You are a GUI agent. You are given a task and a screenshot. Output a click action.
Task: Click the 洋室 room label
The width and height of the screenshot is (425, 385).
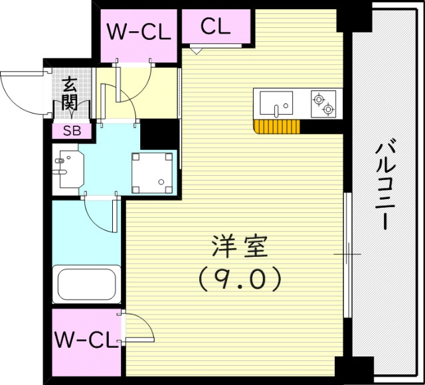[x=240, y=247]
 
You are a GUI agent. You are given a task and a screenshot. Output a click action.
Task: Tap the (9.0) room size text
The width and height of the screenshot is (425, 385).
[x=240, y=277]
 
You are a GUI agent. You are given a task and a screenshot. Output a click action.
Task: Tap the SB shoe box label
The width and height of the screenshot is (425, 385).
[x=72, y=131]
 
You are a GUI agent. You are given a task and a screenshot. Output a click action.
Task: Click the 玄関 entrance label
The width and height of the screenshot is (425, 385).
[x=70, y=94]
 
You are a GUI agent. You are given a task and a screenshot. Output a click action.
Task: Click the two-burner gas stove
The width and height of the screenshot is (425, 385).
[x=323, y=104]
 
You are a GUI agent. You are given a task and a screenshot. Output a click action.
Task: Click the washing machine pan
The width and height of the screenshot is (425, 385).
[x=155, y=173]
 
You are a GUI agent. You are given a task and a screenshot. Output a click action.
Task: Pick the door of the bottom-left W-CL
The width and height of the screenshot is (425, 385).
[x=138, y=327]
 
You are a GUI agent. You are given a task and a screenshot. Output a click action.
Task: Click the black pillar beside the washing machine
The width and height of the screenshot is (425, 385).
[x=159, y=135]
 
